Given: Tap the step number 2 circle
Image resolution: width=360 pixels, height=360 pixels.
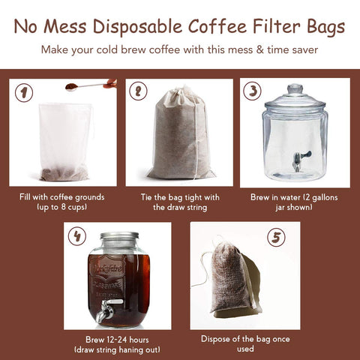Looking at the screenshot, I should click(x=139, y=91).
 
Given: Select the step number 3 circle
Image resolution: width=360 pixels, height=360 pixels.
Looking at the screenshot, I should click(x=253, y=91).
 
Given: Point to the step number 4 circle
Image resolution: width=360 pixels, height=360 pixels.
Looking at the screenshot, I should click(x=76, y=236).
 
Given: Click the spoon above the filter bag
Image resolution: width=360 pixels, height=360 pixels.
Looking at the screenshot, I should click(x=90, y=85).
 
